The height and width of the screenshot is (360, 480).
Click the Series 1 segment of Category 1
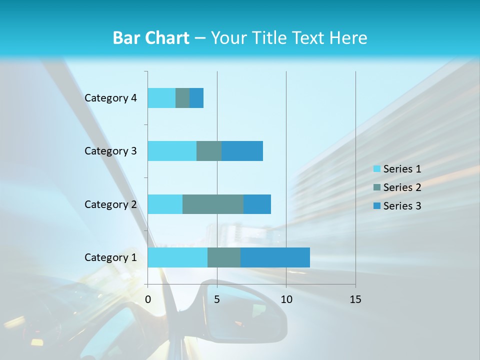(x=177, y=257)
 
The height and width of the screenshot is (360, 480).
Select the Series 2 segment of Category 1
(x=224, y=257)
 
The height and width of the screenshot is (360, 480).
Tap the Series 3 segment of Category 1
(x=275, y=257)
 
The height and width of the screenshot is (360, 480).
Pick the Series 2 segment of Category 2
(x=213, y=204)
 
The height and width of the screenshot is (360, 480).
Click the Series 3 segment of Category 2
(x=257, y=204)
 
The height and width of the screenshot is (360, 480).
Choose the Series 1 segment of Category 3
(x=172, y=151)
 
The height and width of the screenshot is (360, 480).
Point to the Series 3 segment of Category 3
(x=242, y=151)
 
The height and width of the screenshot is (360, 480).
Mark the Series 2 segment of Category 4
(x=182, y=98)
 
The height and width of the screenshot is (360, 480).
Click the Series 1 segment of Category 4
(x=161, y=98)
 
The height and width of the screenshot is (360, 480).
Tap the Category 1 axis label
(x=110, y=257)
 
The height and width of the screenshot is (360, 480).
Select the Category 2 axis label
(x=110, y=204)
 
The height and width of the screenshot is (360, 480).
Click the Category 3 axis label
(x=110, y=151)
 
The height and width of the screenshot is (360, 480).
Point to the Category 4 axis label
(x=110, y=98)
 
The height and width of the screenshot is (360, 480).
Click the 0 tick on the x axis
(x=148, y=299)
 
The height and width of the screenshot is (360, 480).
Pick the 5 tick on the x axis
(x=217, y=299)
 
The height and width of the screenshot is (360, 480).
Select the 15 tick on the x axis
(x=355, y=299)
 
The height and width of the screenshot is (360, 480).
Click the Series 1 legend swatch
(x=376, y=169)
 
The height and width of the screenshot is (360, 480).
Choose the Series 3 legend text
(x=402, y=206)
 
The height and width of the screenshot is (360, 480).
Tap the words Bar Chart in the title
(x=151, y=38)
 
